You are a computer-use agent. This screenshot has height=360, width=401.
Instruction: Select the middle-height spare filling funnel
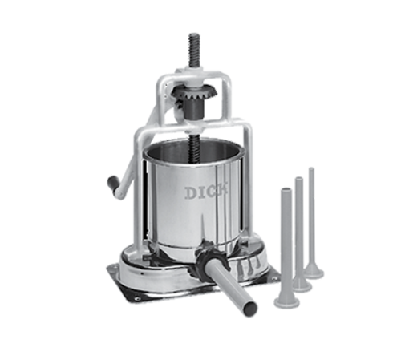(x=298, y=237)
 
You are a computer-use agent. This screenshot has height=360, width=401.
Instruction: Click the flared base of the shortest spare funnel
(x=286, y=301)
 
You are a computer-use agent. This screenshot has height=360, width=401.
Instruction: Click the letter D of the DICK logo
(x=188, y=192)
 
